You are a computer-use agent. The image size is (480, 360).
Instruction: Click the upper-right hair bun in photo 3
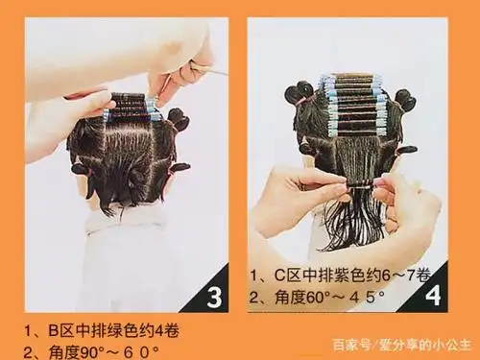click(177, 118)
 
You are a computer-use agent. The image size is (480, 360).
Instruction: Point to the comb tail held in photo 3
click(212, 69)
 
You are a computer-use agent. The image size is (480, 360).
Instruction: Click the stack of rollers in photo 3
click(130, 106)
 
